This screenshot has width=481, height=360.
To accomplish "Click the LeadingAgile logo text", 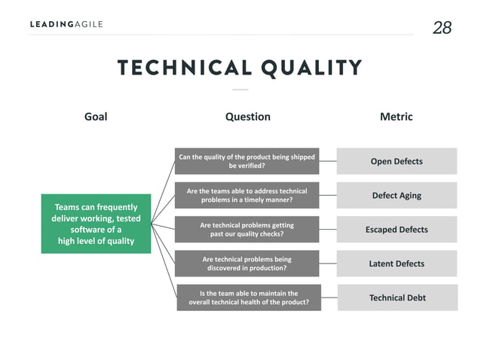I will click(x=66, y=24).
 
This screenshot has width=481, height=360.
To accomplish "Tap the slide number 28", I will click(x=442, y=28).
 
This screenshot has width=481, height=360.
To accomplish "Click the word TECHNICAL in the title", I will click(x=183, y=68).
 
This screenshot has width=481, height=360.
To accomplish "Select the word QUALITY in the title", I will click(x=311, y=68).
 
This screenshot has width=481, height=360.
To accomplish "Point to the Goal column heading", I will click(x=96, y=117).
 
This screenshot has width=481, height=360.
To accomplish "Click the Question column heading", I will click(x=247, y=117).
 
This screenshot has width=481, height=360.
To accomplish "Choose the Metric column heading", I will click(x=396, y=117).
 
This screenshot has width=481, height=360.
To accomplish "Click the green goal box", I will click(x=96, y=224).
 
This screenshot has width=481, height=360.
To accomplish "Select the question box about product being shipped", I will click(x=247, y=161).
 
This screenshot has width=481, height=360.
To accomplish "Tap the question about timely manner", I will click(x=247, y=195).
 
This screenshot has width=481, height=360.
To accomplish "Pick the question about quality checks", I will click(x=247, y=229).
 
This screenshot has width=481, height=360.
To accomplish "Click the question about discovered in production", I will click(x=247, y=264).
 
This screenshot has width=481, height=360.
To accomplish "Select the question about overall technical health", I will click(x=248, y=297).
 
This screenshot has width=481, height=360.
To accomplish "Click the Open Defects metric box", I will click(x=397, y=161).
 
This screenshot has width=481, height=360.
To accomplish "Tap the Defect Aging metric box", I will click(x=397, y=195).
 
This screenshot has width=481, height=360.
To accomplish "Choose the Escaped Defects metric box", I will click(x=397, y=229).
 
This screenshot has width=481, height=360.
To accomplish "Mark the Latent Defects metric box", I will click(x=397, y=264).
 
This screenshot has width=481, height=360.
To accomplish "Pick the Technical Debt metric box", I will click(x=397, y=297).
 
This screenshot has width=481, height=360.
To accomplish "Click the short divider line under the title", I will click(x=240, y=90).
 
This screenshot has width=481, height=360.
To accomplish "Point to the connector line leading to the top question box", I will click(x=164, y=191).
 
